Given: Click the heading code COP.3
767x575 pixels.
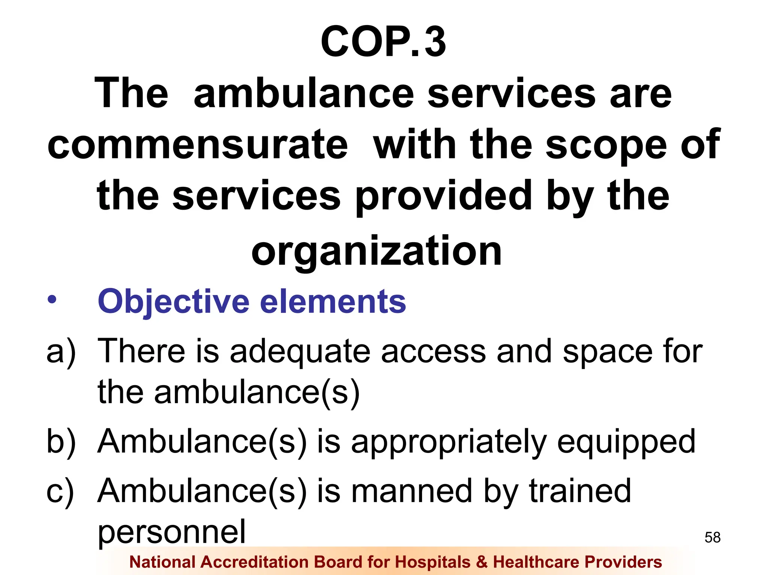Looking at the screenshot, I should [383, 42].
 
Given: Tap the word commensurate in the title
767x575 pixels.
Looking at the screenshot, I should [198, 144].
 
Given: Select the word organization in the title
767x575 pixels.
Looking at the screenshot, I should [376, 251].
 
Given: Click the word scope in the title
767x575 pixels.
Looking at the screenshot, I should [606, 144].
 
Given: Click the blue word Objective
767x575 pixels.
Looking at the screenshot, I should [173, 302].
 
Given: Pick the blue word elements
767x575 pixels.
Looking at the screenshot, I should [333, 302].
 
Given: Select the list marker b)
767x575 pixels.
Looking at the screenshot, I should [61, 442].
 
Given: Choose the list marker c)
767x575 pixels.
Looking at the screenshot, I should [60, 491].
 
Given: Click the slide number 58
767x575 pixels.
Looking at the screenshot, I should [712, 538].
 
